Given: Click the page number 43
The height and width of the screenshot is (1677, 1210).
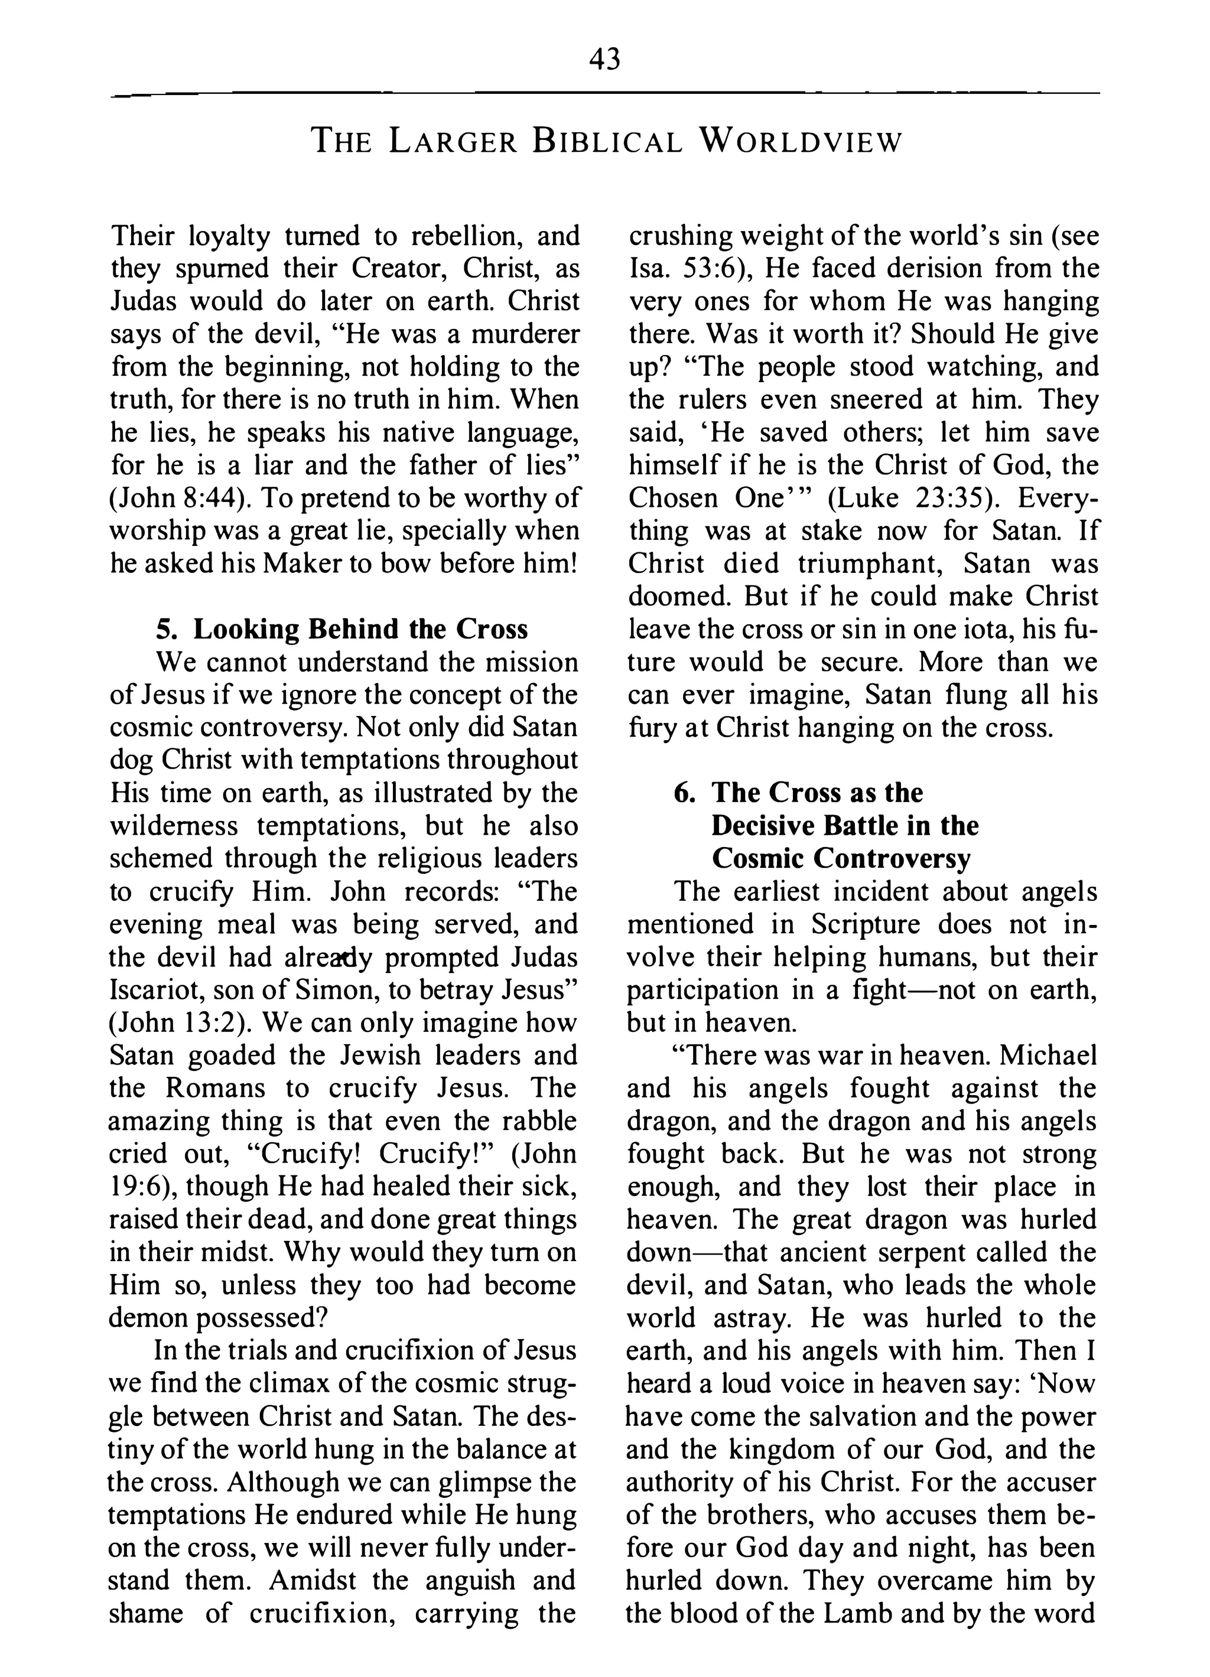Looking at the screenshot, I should (x=604, y=59).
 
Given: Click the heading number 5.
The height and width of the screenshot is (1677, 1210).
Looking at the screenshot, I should (x=167, y=629).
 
